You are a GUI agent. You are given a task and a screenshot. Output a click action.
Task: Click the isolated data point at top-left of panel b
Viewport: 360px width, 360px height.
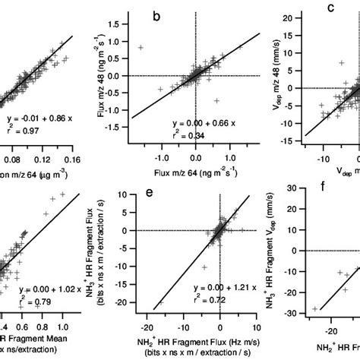click(x=141, y=47)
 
